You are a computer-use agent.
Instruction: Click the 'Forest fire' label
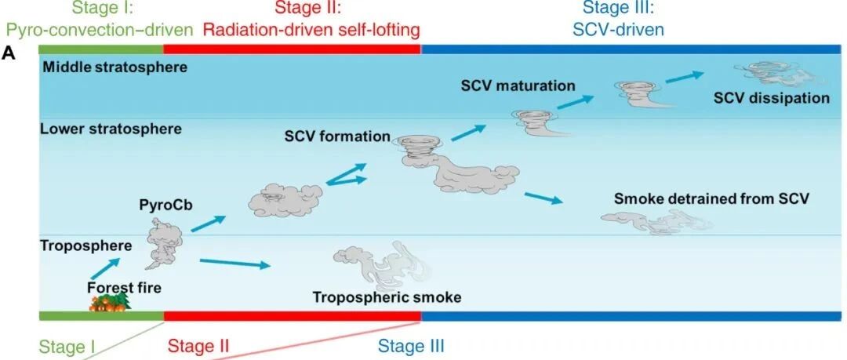(124, 288)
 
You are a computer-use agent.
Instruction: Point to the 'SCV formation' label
(337, 136)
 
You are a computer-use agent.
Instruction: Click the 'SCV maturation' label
(518, 85)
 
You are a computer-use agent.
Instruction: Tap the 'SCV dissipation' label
(771, 98)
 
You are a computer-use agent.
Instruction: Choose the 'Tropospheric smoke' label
(387, 297)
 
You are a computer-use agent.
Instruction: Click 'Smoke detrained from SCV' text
(711, 199)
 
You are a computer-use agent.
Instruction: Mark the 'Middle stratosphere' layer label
(115, 67)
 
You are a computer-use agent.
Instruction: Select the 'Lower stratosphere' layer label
(111, 128)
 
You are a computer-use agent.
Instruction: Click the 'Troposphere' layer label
(86, 245)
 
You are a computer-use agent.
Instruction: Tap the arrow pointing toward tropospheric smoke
(235, 263)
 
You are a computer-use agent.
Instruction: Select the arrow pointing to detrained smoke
(543, 198)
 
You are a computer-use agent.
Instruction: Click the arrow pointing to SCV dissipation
(683, 76)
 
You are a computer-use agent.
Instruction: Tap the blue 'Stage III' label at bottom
(412, 346)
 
